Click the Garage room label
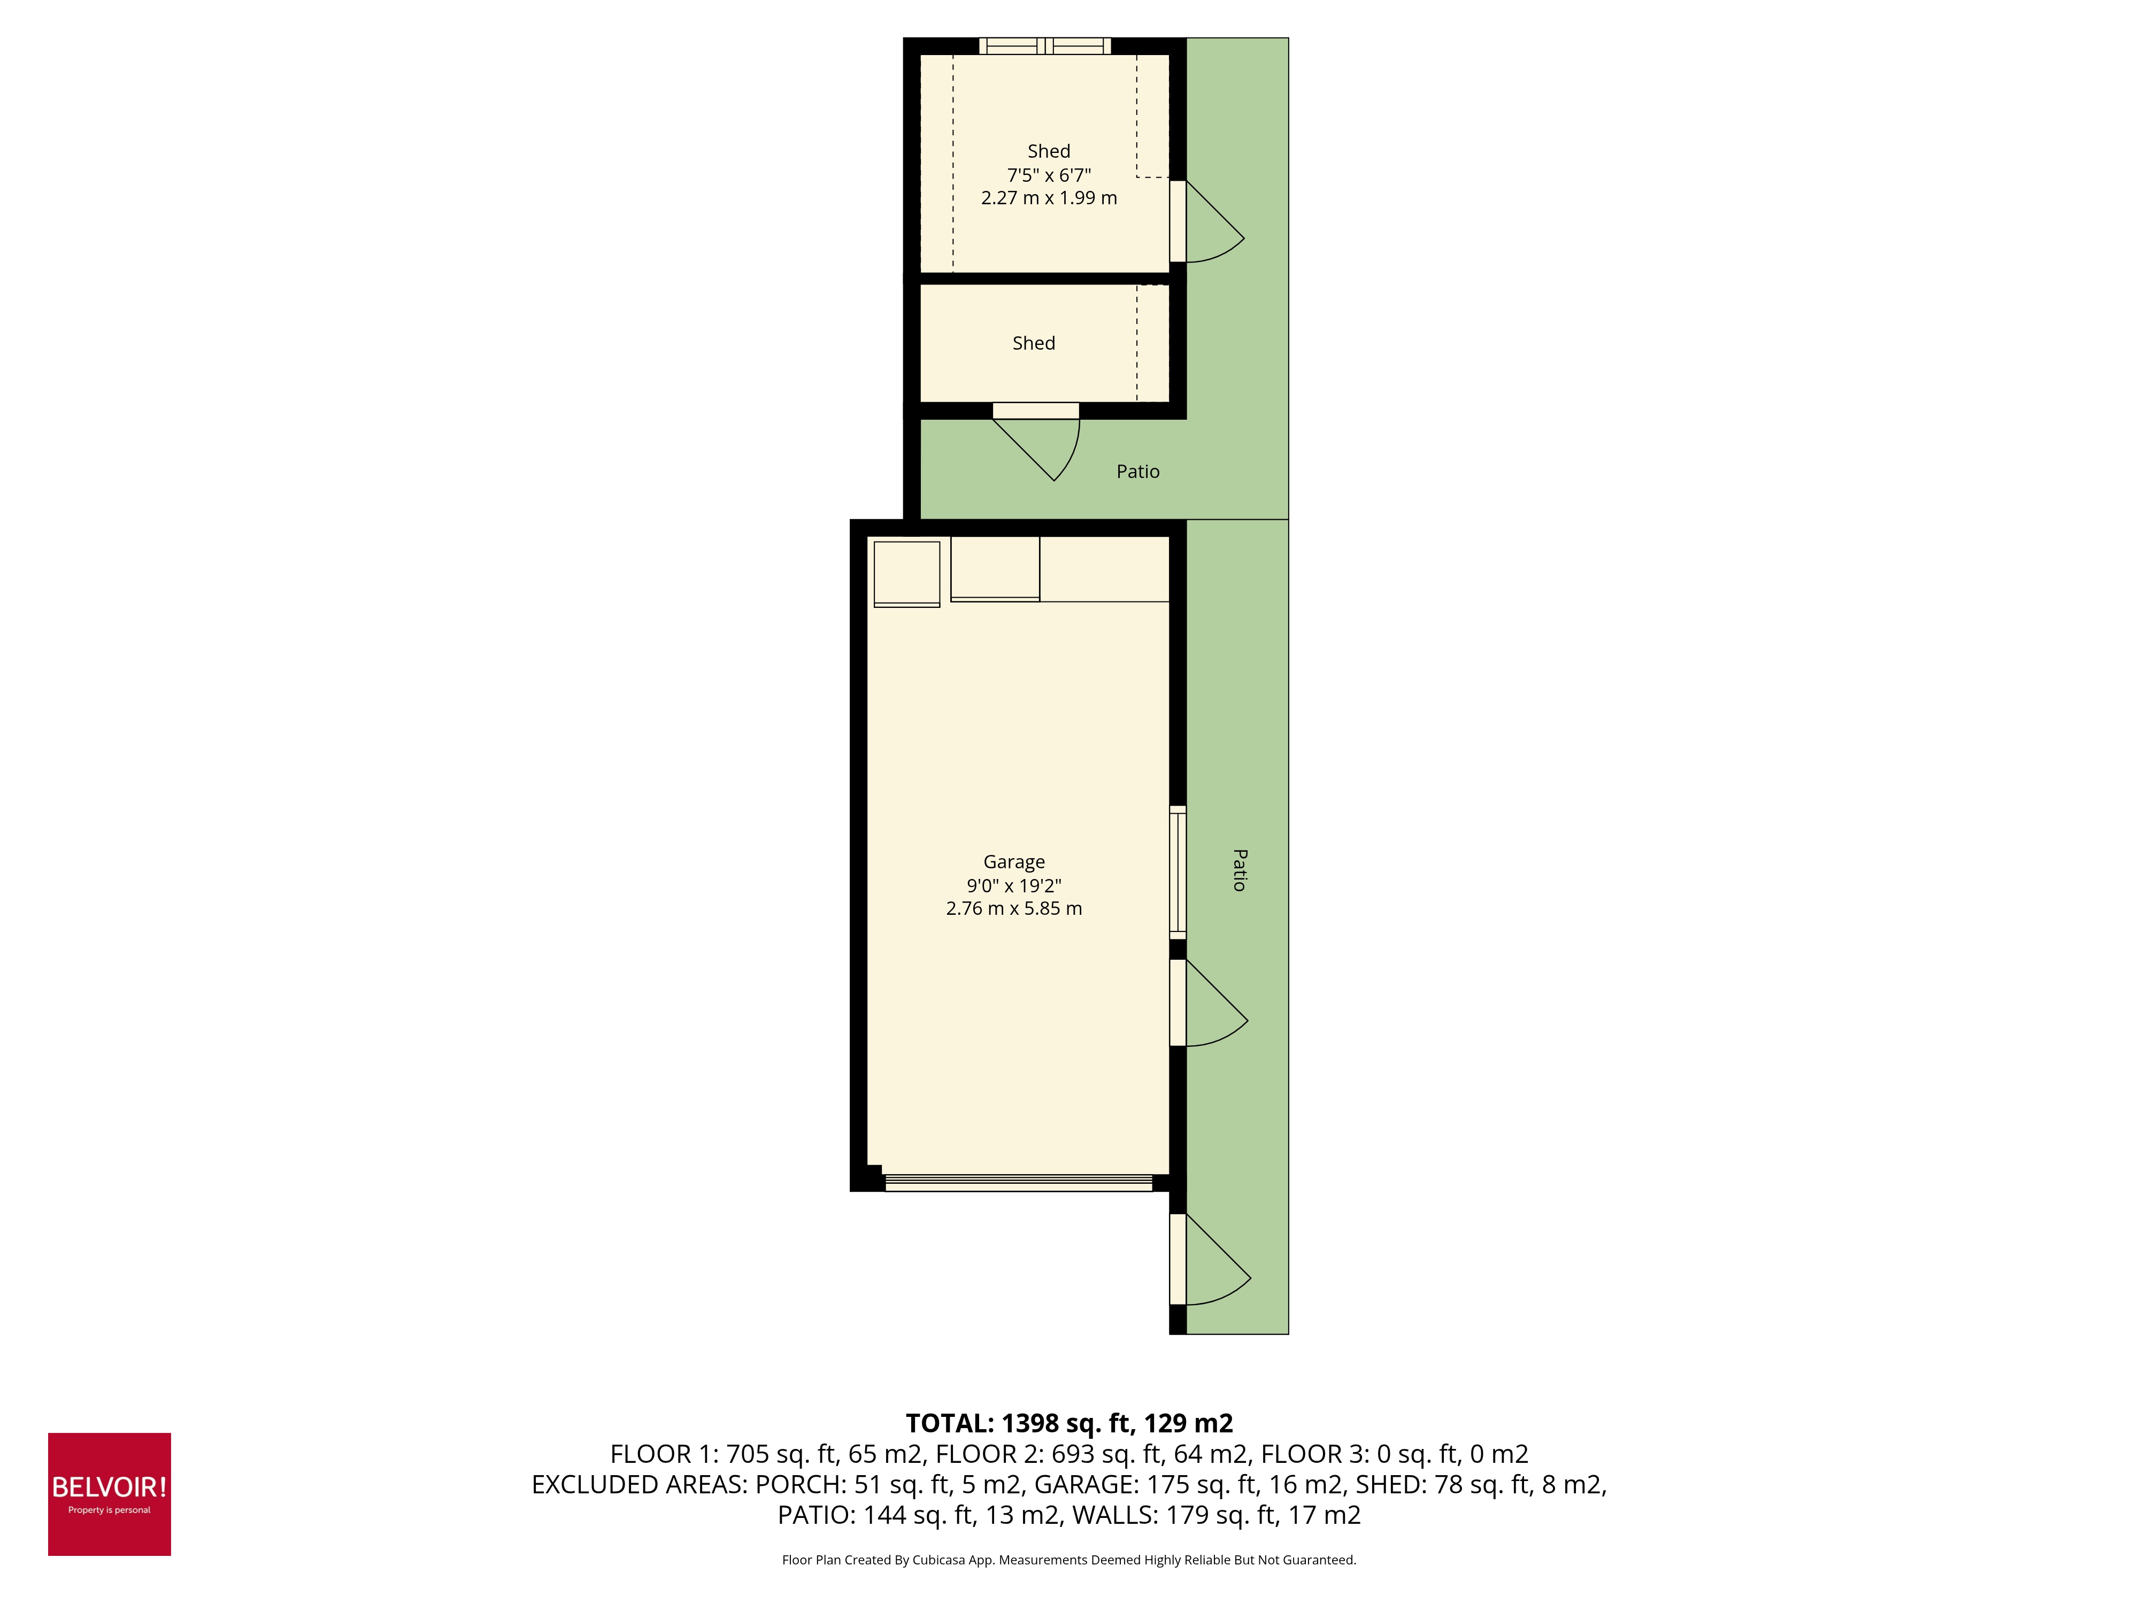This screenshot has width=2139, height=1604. pyautogui.click(x=1013, y=861)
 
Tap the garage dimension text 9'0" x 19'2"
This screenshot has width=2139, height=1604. pyautogui.click(x=1013, y=885)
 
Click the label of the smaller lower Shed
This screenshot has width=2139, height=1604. pyautogui.click(x=1033, y=343)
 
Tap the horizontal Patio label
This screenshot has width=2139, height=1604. pyautogui.click(x=1137, y=472)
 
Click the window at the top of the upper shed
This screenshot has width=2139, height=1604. pyautogui.click(x=1044, y=45)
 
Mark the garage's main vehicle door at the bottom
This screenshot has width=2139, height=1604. pyautogui.click(x=1018, y=1183)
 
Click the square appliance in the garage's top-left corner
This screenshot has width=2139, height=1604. pyautogui.click(x=906, y=573)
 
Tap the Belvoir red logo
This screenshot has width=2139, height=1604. pyautogui.click(x=109, y=1494)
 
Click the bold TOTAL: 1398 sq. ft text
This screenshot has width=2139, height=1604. pyautogui.click(x=1068, y=1423)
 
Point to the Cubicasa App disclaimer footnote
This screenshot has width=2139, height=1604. pyautogui.click(x=1068, y=1560)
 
